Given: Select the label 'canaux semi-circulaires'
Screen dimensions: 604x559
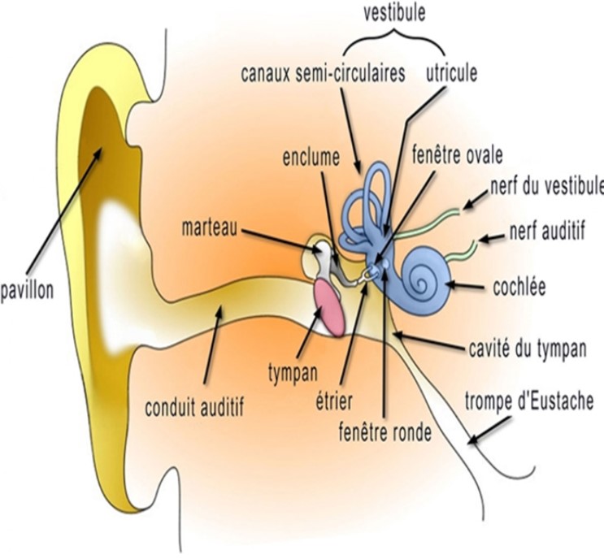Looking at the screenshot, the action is click(323, 73).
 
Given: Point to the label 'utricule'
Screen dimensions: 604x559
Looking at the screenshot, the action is click(451, 72).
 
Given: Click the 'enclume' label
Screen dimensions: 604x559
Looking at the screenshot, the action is click(311, 157).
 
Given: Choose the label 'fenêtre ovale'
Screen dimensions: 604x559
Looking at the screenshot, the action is click(457, 154).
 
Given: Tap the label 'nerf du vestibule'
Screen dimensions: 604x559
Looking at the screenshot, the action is click(547, 186).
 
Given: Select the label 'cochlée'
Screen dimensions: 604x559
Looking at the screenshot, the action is click(519, 287).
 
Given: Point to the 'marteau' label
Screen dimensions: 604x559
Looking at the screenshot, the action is click(210, 227).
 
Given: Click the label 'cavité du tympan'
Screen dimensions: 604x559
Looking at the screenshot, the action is click(528, 349).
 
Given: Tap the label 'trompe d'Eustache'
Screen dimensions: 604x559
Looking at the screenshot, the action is click(529, 401).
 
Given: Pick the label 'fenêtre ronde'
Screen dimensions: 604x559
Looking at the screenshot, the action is click(385, 432).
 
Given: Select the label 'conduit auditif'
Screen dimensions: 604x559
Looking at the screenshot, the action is click(194, 407).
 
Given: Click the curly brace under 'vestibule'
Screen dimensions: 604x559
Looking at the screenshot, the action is click(394, 41).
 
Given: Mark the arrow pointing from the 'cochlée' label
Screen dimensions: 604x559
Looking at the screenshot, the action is click(467, 286).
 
